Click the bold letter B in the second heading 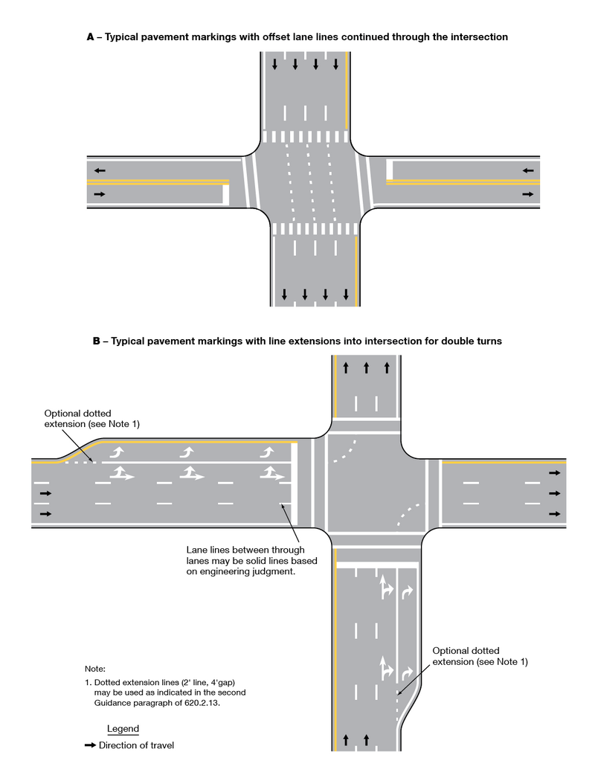point(96,341)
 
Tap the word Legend point(123,728)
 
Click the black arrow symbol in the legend point(91,745)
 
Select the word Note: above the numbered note point(95,669)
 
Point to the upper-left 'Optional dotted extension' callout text point(92,418)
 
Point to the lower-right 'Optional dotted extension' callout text point(480,656)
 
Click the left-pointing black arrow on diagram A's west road point(99,170)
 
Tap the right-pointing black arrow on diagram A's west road point(99,194)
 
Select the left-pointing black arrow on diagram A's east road point(528,170)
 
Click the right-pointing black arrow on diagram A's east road point(528,194)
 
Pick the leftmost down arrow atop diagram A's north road point(274,64)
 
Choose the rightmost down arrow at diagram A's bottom point(346,295)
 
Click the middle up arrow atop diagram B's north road point(366,367)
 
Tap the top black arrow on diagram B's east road point(554,472)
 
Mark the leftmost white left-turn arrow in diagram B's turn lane point(117,452)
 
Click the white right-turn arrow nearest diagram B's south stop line point(407,591)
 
